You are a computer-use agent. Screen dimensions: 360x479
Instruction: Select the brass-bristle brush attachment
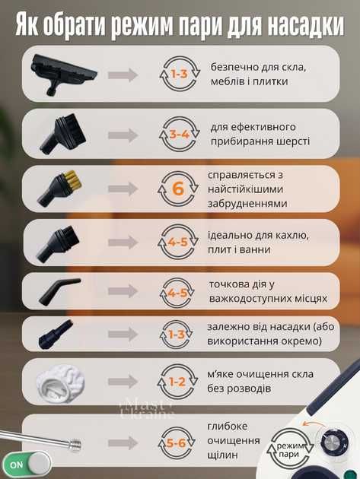(x=60, y=188)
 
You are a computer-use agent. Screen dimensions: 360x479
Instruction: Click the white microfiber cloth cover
(x=61, y=382)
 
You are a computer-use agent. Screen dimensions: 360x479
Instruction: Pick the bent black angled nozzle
(x=59, y=290)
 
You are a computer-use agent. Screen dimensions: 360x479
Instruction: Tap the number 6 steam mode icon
(x=178, y=189)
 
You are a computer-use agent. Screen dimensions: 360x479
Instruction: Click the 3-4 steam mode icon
(x=179, y=134)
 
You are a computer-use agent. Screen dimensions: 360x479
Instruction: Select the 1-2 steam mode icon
(x=177, y=382)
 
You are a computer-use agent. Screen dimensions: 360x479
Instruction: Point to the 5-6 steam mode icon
(x=177, y=443)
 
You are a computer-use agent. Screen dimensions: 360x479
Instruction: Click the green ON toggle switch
(x=27, y=465)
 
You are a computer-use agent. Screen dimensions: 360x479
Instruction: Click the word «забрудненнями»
(x=247, y=204)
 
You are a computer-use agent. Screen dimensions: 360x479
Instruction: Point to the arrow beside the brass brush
(x=123, y=189)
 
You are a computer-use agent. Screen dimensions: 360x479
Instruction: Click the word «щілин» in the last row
(x=222, y=455)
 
